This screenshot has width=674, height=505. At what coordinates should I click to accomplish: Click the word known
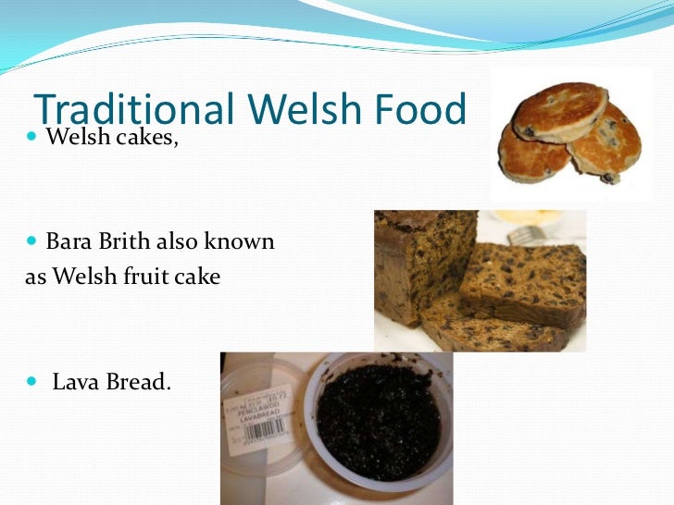point(242,242)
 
